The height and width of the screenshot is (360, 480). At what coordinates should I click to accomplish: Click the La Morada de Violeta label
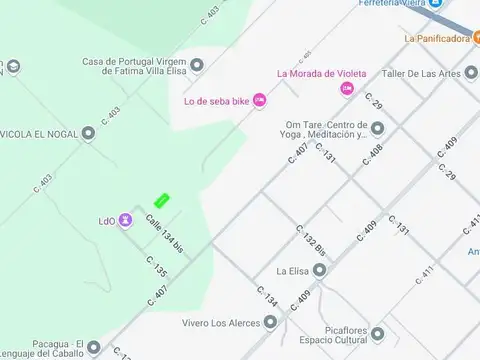click(321, 73)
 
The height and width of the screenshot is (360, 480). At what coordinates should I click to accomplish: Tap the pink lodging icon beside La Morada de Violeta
click(347, 89)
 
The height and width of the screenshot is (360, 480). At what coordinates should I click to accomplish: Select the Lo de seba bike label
click(217, 99)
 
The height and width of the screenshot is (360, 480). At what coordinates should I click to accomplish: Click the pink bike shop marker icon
click(260, 99)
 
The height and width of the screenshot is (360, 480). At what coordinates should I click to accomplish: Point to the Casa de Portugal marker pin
click(197, 66)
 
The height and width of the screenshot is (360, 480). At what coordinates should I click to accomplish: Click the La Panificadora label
click(436, 39)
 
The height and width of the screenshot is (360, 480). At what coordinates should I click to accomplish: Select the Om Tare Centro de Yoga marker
click(377, 127)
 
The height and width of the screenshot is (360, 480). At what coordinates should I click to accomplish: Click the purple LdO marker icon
click(125, 220)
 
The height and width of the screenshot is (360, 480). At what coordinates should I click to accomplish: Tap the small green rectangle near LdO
click(161, 200)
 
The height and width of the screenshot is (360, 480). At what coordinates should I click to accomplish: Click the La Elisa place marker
click(319, 271)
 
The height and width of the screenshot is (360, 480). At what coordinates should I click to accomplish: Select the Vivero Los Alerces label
click(222, 322)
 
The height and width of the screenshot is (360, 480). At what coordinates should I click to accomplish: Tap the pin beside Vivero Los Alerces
click(270, 322)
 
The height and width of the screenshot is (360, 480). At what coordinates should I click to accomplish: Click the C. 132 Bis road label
click(311, 242)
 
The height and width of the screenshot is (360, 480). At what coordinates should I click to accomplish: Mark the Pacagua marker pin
click(94, 348)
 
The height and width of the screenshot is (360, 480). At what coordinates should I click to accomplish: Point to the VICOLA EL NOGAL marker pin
click(88, 131)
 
